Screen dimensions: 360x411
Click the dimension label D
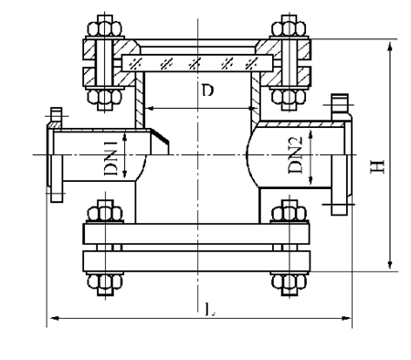[208, 93]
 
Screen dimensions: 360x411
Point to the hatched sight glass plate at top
[195, 61]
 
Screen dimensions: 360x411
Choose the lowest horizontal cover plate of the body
[198, 260]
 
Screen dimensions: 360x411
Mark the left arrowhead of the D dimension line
[150, 108]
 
